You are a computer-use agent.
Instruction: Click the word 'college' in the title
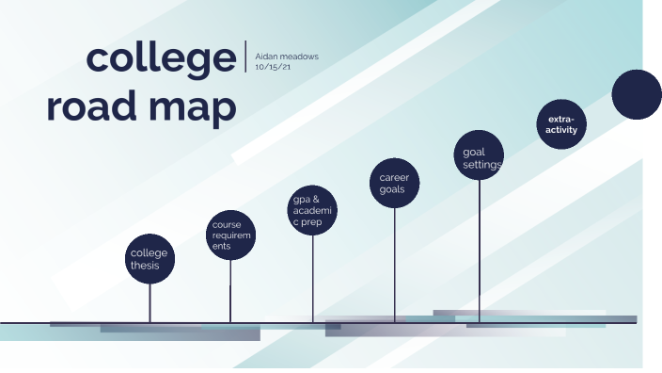161,58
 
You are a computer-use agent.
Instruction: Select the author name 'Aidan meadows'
287,57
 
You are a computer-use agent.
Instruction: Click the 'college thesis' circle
150,259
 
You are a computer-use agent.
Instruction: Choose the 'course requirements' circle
230,235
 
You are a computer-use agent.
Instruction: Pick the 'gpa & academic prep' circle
312,212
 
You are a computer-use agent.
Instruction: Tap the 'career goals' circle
394,183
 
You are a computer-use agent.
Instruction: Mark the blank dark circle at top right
637,94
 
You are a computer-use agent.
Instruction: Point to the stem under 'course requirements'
230,292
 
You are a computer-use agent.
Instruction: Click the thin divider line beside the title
244,57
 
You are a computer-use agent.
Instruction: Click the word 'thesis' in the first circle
146,267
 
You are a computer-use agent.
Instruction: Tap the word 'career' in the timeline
394,177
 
